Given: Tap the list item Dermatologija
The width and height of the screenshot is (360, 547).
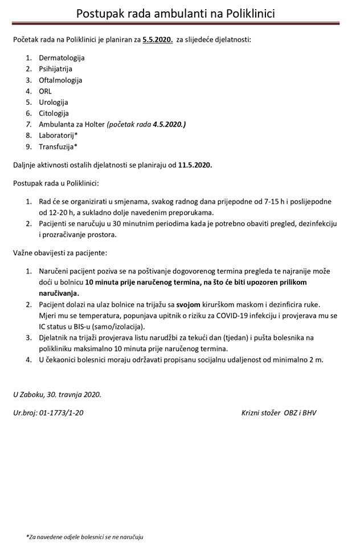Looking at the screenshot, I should click(62, 58).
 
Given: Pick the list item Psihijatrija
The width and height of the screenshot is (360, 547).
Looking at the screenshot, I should click(55, 69).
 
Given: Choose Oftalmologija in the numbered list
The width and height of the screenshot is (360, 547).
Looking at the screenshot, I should click(60, 80).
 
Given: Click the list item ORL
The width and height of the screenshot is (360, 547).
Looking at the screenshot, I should click(46, 91).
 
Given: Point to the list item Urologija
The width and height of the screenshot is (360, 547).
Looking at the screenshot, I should click(54, 102).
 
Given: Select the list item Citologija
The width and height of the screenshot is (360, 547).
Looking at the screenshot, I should click(54, 113).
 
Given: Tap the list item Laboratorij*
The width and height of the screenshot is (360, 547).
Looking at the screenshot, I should click(58, 135).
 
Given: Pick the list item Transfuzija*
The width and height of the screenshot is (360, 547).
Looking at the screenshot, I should click(58, 146).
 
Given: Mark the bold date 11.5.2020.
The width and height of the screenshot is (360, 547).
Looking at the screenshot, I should click(194, 165).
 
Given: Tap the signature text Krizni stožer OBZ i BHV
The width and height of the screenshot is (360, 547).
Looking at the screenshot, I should click(279, 411).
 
